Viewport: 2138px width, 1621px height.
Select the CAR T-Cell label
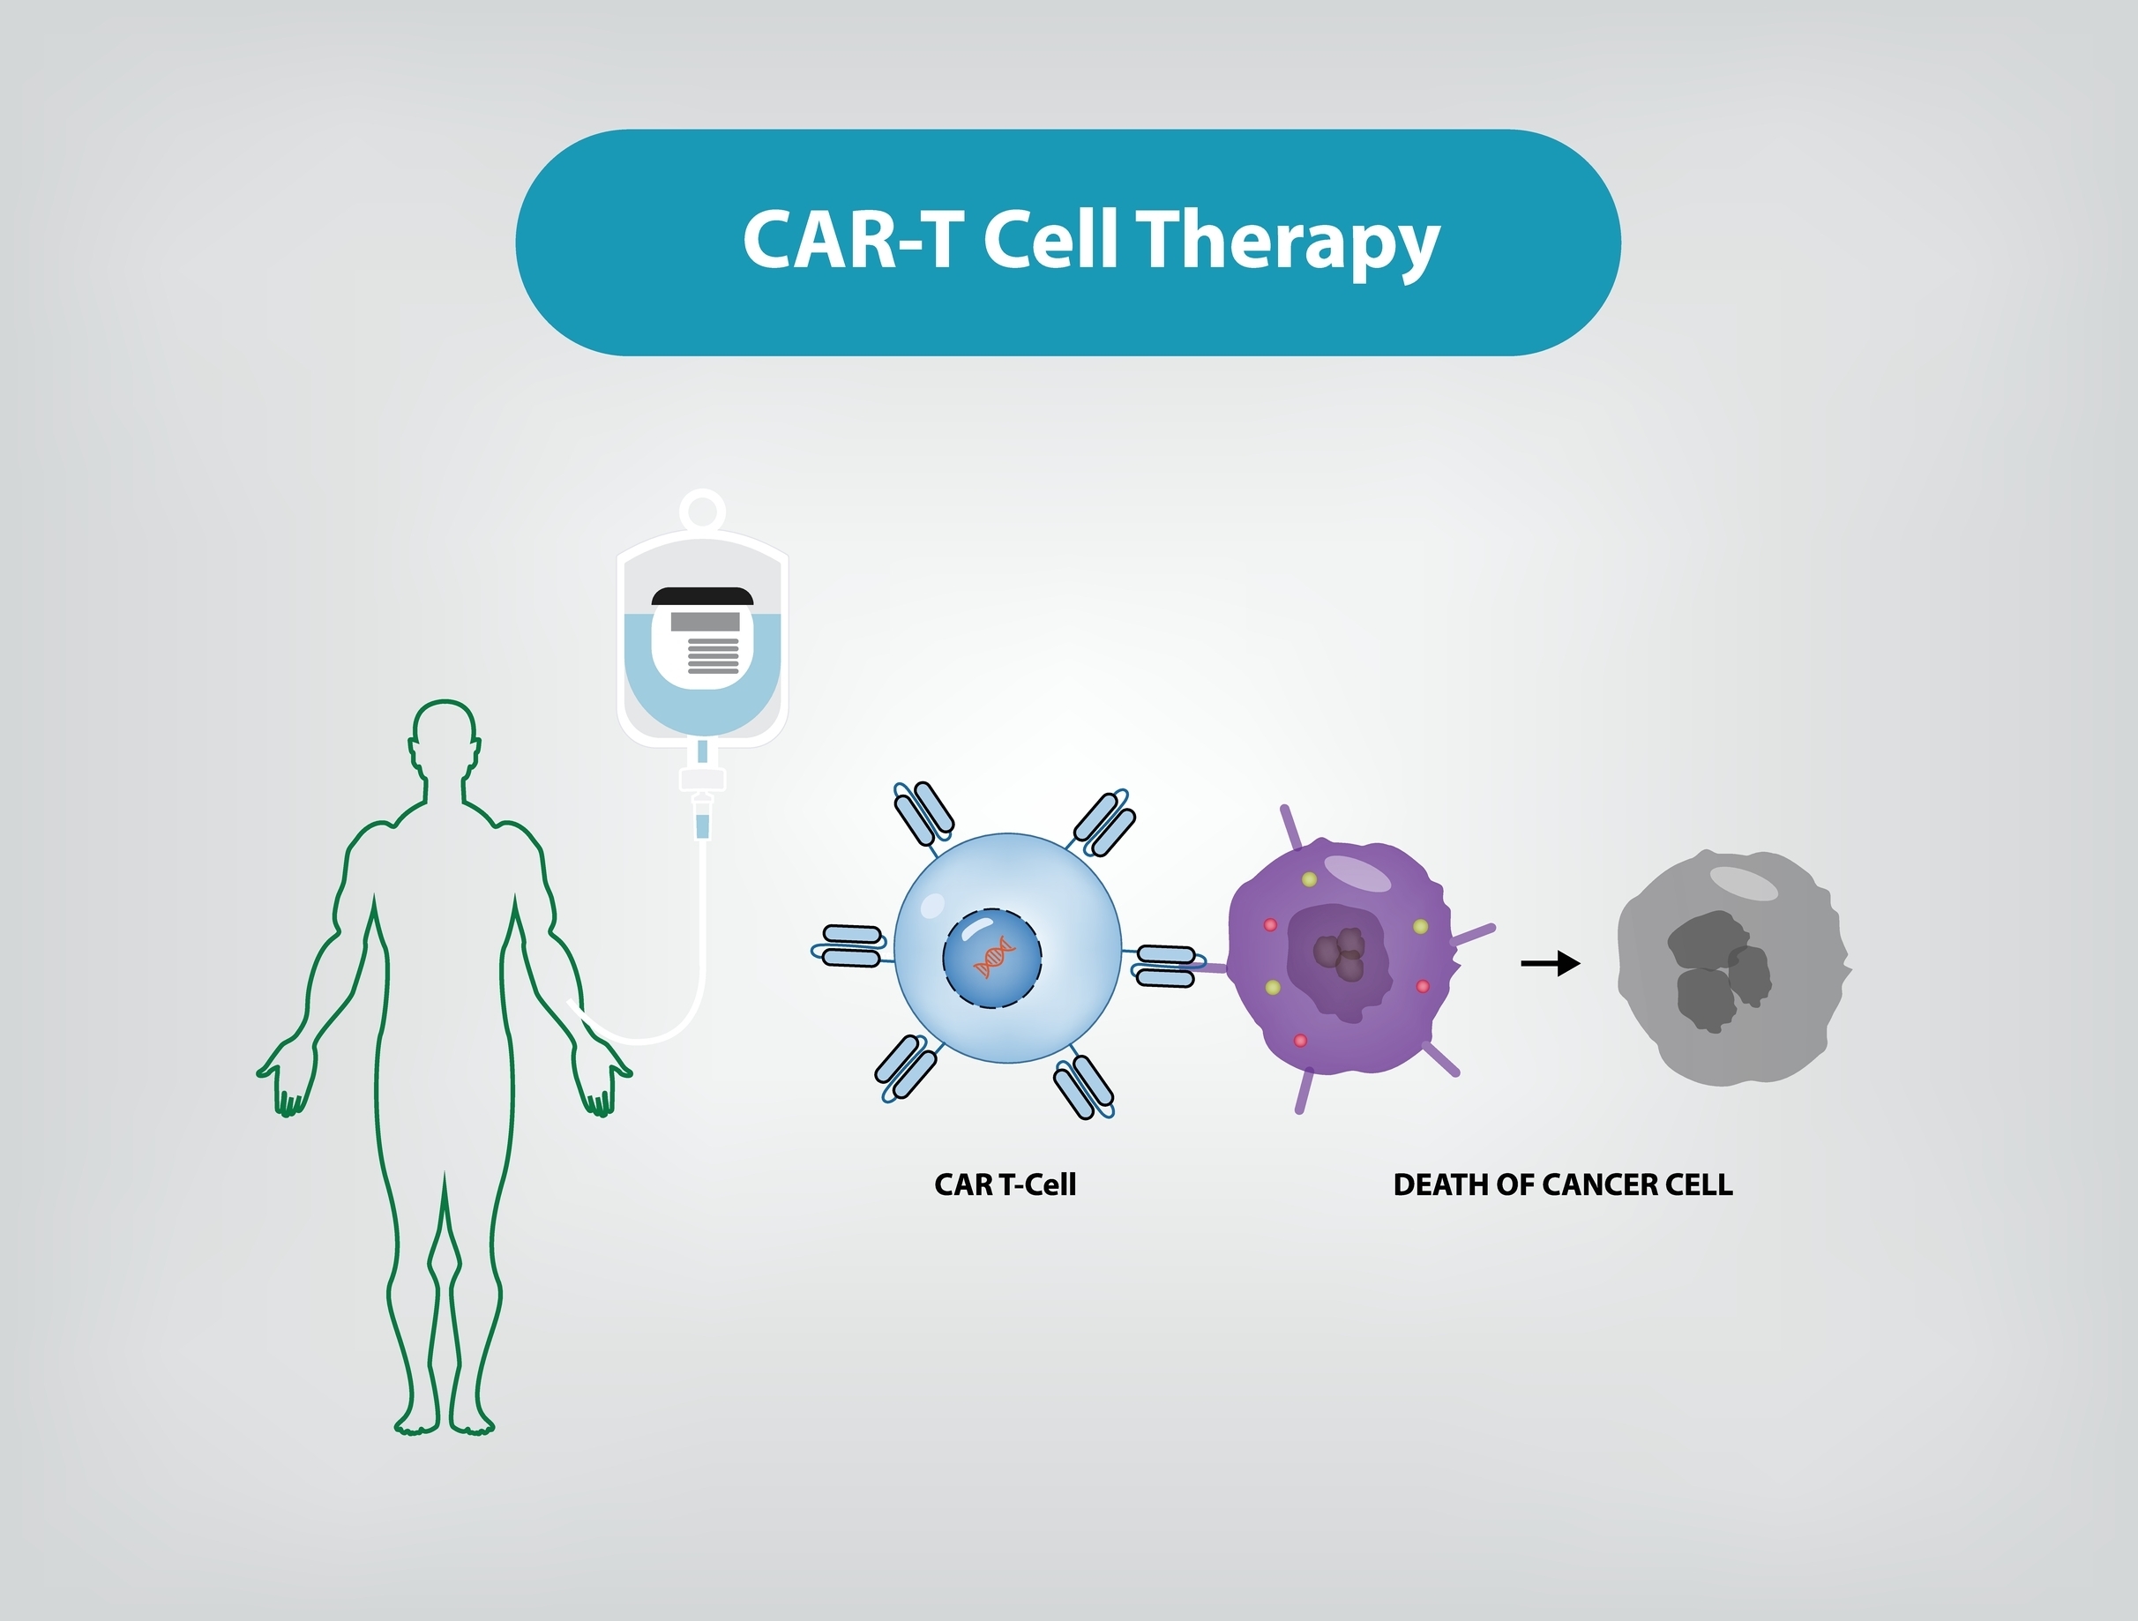[x=1005, y=1185]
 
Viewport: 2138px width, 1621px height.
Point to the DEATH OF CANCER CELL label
[x=1563, y=1185]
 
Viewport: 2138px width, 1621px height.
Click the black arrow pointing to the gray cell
[x=1551, y=963]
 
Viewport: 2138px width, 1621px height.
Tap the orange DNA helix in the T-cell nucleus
[x=995, y=957]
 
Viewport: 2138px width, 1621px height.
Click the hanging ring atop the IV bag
[x=703, y=510]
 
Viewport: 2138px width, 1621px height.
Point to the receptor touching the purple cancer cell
[x=1168, y=966]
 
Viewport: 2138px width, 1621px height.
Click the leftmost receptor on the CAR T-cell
[x=851, y=945]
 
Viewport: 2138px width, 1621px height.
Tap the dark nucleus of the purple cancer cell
[x=1340, y=957]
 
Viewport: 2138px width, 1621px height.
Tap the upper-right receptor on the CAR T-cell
[x=1102, y=823]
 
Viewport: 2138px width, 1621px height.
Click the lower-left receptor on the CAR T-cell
[x=907, y=1070]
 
